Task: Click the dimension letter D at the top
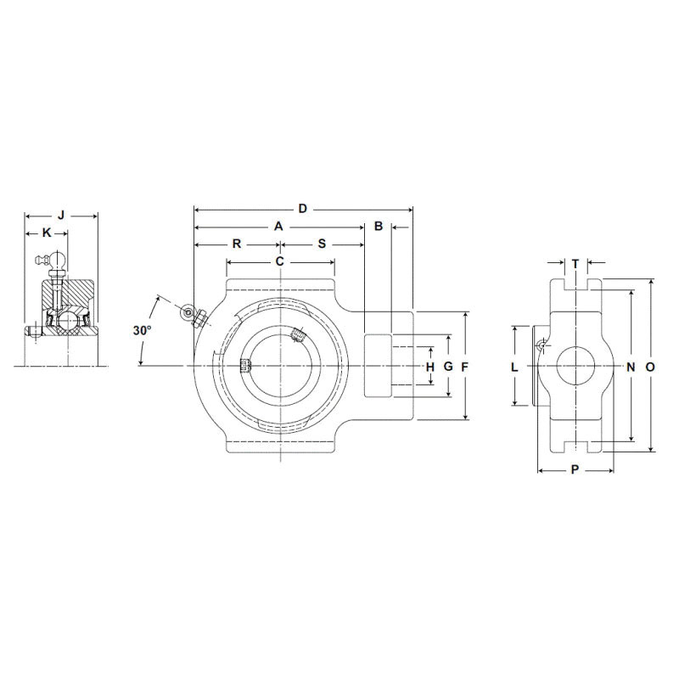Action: (x=302, y=208)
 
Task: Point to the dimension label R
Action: (x=237, y=244)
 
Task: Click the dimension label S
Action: (x=322, y=244)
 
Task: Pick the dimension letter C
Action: (x=279, y=261)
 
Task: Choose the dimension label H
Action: (x=429, y=367)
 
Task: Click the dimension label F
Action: (x=464, y=367)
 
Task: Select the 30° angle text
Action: (x=142, y=330)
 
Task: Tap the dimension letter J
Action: (x=60, y=215)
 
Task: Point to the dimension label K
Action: (x=47, y=233)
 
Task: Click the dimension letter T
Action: (x=575, y=263)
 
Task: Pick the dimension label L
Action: (x=514, y=367)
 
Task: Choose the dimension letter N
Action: (x=631, y=367)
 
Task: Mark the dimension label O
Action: (x=649, y=367)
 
